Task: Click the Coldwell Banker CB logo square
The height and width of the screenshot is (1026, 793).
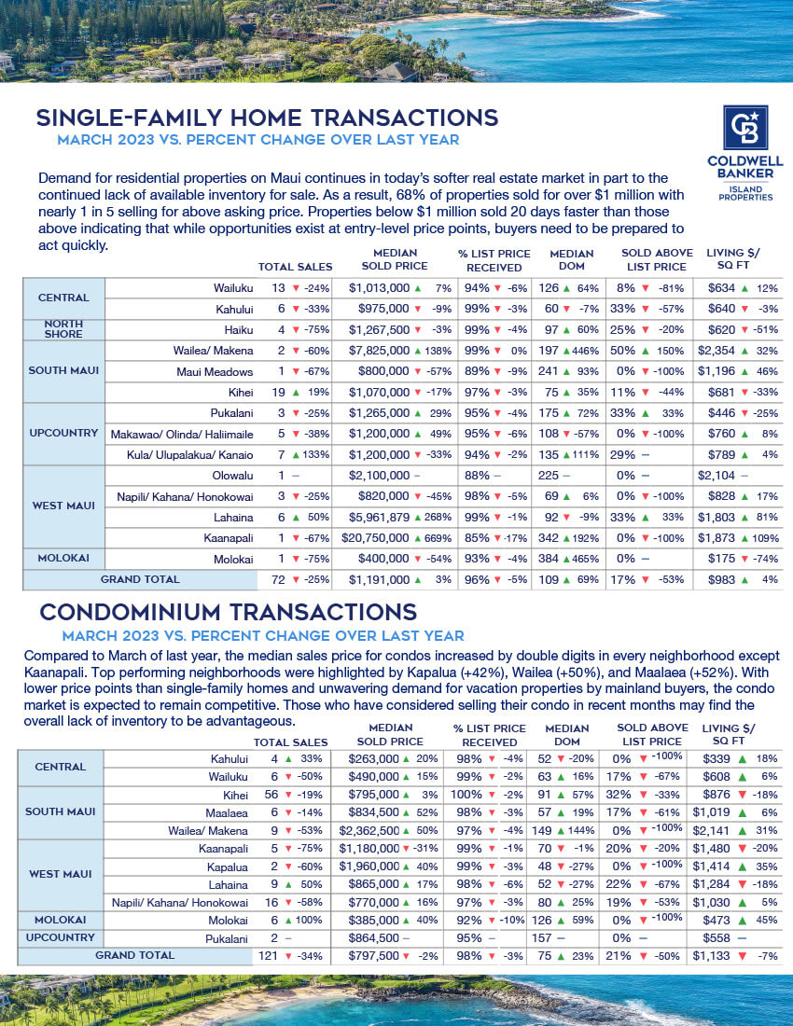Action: pos(745,128)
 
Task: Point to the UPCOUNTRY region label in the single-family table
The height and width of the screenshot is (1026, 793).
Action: pos(64,433)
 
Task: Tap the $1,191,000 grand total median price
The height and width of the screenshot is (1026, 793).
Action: pos(379,579)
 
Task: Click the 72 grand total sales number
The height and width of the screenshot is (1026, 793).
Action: pos(277,579)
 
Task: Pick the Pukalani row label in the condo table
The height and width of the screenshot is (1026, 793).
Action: pos(226,937)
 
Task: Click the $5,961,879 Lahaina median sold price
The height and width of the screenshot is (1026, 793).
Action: pos(379,518)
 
